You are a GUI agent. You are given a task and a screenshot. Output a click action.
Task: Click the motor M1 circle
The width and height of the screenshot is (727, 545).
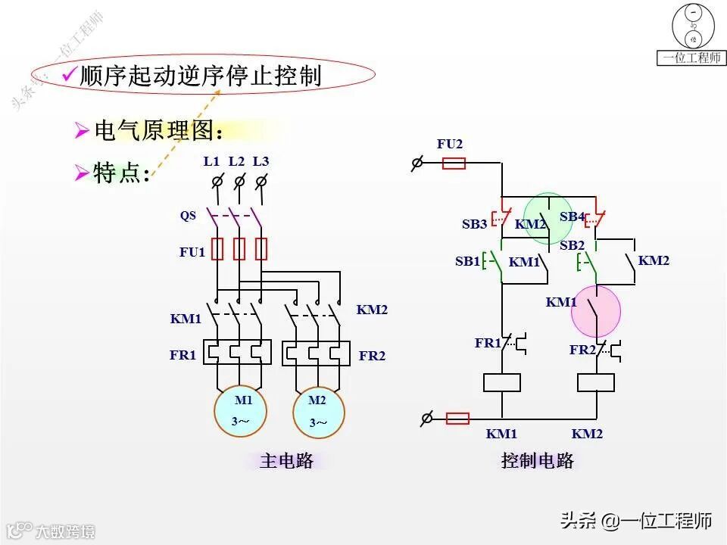[x=240, y=411]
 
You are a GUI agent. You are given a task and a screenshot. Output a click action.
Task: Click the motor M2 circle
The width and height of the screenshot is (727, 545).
[x=319, y=411]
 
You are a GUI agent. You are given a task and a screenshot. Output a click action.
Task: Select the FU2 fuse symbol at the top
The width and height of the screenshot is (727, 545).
[x=453, y=163]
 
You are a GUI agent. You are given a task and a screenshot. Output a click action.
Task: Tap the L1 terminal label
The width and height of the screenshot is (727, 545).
[x=211, y=161]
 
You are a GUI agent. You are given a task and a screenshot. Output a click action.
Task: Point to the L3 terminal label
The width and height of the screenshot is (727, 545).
[x=261, y=161]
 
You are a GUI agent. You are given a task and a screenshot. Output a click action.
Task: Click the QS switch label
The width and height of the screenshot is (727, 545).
[x=188, y=216]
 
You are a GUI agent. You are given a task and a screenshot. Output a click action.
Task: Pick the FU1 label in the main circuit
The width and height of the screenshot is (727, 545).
[x=192, y=252]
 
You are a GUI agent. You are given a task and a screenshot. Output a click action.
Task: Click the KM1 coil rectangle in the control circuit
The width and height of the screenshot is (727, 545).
[x=501, y=382]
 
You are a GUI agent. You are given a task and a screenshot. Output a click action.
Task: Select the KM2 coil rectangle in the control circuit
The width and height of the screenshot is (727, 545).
[x=595, y=382]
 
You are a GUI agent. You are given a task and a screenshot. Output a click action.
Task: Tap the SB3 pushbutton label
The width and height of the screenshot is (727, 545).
[x=475, y=224]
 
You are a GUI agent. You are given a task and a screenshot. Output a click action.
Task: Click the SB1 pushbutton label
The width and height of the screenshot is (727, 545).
[x=467, y=261]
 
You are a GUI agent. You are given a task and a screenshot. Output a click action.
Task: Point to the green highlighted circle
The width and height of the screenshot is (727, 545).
[x=549, y=218]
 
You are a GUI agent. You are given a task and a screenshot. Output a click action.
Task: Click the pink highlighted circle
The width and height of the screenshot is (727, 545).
[x=595, y=311]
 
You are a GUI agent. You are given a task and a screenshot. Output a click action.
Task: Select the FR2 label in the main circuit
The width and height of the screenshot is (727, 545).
[x=372, y=355]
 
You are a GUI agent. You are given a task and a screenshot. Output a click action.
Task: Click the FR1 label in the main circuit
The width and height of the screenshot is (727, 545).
[x=183, y=354]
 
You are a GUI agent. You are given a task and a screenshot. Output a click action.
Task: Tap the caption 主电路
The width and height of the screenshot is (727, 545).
[x=286, y=460]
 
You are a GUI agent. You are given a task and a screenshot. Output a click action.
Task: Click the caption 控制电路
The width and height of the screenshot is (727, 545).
[x=538, y=460]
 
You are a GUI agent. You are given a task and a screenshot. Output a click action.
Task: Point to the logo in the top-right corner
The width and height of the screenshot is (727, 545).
[x=691, y=34]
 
